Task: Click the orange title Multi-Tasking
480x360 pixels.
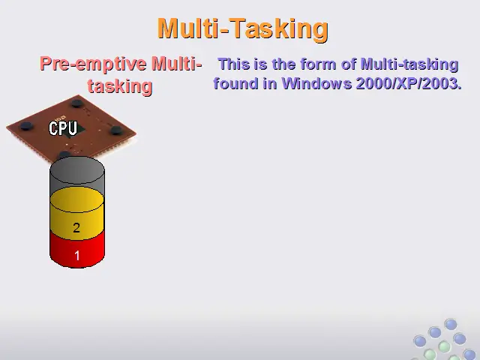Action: (x=243, y=29)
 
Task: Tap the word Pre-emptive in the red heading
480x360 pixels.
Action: (x=93, y=64)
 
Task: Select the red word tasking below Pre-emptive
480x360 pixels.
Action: (x=120, y=86)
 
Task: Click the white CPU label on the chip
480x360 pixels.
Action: (x=63, y=128)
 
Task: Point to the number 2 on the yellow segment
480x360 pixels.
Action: (x=76, y=228)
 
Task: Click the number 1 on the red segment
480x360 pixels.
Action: (x=76, y=255)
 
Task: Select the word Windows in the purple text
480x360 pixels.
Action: (x=316, y=83)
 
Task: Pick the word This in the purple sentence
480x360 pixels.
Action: (x=233, y=64)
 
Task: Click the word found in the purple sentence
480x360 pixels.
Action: (x=235, y=83)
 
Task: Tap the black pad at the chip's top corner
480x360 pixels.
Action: (x=77, y=103)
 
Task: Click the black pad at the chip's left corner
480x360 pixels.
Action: (x=26, y=126)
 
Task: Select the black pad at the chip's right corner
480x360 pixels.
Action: (x=117, y=130)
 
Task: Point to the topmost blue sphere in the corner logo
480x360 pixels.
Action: (x=451, y=324)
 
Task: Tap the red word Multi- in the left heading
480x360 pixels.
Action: (x=177, y=64)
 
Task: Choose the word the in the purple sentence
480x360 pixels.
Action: (x=283, y=64)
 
